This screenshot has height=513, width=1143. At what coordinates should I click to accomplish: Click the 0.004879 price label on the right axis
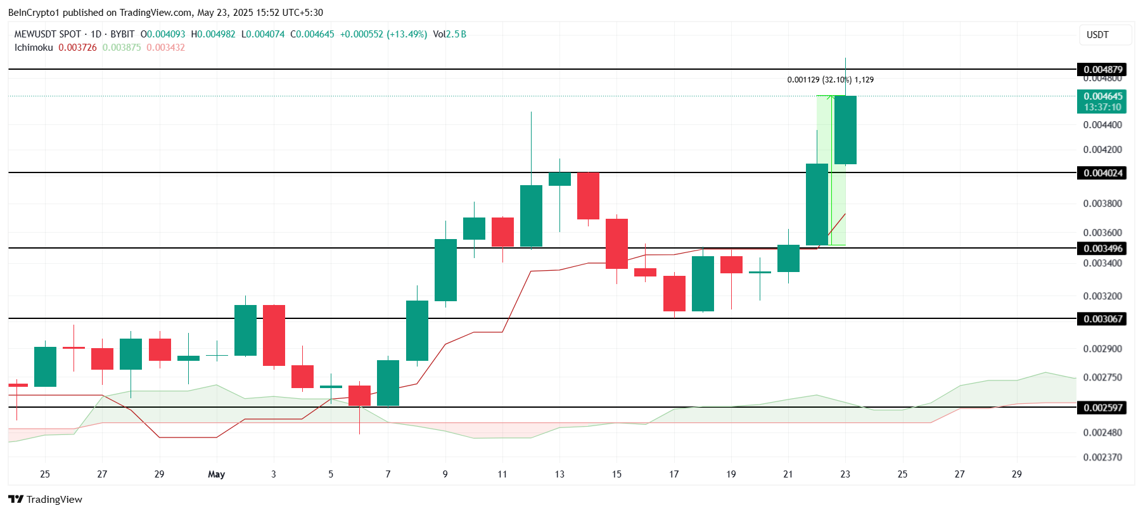1102,70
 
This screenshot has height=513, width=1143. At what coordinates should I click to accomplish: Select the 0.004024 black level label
1102,173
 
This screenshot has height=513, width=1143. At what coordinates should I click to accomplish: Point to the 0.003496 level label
1102,249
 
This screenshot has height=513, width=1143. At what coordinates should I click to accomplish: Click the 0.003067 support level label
1102,319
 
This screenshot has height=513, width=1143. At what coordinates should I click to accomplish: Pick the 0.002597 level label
1102,408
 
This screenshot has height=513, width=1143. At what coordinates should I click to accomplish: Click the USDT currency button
1097,35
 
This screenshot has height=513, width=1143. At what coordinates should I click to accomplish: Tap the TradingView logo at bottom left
46,499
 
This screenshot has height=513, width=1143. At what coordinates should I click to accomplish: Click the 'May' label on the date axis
216,474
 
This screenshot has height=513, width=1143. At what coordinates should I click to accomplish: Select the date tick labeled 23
845,474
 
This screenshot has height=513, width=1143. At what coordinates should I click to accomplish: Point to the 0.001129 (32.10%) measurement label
830,80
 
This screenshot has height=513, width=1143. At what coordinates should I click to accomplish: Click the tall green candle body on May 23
845,130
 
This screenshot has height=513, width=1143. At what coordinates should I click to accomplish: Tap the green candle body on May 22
817,204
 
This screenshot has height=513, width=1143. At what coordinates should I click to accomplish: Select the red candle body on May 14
588,196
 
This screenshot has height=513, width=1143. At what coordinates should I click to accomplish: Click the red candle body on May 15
616,244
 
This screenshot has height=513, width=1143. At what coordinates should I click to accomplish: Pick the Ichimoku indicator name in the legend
34,48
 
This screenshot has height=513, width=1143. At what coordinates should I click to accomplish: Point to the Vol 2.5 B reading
449,34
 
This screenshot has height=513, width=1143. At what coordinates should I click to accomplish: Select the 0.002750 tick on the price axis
1102,377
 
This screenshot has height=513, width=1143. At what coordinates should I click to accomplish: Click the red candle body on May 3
274,335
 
